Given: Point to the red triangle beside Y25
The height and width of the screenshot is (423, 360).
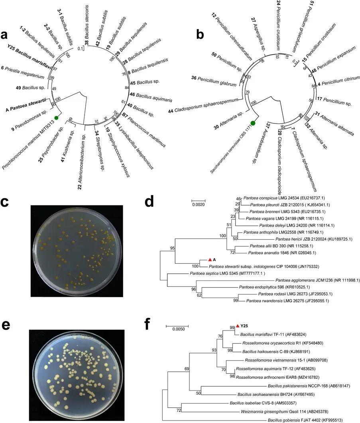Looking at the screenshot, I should tap(238, 326).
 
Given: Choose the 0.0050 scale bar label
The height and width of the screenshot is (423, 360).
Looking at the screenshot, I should tap(177, 329).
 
